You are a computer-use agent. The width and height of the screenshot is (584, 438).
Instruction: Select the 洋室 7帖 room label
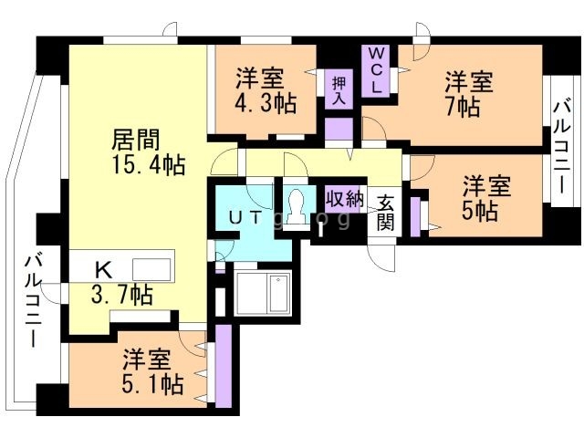click(468, 94)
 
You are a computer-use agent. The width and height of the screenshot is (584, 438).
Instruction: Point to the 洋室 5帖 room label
click(484, 198)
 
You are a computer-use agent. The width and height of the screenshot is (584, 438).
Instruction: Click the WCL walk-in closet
click(377, 71)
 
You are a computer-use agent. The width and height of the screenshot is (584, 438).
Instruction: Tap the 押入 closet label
click(337, 89)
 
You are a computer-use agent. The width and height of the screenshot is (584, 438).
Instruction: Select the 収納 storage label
click(345, 198)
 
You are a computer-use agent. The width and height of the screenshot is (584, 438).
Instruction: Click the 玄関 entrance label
click(386, 213)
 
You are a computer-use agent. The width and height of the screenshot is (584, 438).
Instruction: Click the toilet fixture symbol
click(295, 208)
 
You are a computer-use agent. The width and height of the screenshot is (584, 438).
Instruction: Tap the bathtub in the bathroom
click(263, 292)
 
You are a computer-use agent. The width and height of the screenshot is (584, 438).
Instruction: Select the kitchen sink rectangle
click(151, 268)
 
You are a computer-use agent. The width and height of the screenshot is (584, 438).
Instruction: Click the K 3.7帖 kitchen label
click(119, 282)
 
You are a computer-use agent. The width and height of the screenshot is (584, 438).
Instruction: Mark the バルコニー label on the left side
click(33, 301)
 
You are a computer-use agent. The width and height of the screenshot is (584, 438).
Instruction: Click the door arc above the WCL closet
click(420, 34)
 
